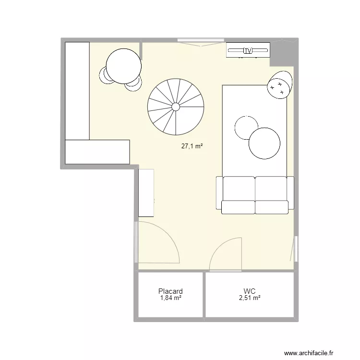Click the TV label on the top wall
pos(248,50)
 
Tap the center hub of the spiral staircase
pos(176,106)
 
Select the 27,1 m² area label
pos(192,147)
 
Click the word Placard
pos(170,291)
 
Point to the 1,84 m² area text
pos(170,298)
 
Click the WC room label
pos(249,291)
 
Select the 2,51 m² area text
pos(249,298)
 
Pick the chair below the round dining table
pos(133,85)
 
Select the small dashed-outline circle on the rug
pos(246,127)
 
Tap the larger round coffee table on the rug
pos(264,143)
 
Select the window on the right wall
pos(296,249)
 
